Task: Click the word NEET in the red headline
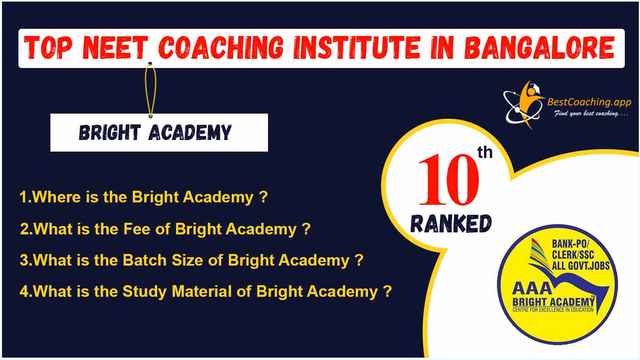115,48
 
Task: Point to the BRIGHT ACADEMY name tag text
155,132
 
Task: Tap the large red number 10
448,180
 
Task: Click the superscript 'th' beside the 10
485,152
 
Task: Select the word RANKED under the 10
451,224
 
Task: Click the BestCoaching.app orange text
589,102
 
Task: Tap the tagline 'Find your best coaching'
591,114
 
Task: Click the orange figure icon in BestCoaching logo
530,103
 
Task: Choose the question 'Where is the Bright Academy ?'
144,197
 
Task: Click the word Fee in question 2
136,229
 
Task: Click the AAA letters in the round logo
532,288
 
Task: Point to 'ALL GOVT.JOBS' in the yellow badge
580,266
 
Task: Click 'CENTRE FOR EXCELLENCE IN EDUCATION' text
553,310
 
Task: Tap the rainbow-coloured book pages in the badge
540,255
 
